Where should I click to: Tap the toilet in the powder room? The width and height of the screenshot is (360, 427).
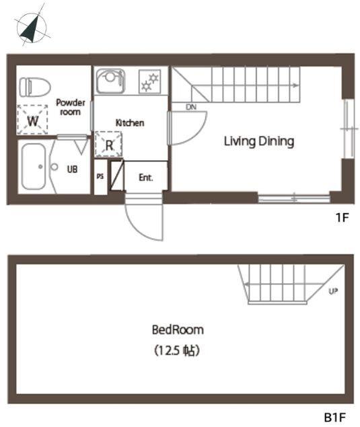(35, 87)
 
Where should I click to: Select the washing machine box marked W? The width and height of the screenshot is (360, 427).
(32, 120)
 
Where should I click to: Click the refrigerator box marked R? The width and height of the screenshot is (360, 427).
(108, 145)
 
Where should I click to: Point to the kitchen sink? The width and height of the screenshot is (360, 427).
(110, 81)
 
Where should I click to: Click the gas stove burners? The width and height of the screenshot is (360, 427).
(149, 81)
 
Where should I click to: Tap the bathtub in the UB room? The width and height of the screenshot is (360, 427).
(33, 166)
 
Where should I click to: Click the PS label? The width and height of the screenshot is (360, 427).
(100, 176)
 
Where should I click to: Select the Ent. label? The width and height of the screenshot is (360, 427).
(146, 178)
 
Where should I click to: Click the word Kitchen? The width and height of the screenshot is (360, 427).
(130, 123)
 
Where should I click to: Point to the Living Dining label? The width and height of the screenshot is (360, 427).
(259, 141)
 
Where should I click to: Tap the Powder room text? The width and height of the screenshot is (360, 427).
(71, 107)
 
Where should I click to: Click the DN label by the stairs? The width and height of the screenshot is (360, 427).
(191, 107)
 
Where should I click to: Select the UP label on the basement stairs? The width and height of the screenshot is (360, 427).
(333, 291)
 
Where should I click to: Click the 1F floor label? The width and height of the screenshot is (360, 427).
(342, 217)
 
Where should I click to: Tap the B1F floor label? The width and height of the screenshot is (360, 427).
(335, 417)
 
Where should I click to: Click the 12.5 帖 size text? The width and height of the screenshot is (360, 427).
(177, 350)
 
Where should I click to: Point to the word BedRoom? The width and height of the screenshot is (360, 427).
(178, 329)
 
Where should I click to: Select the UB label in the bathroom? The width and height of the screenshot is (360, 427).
(72, 169)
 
